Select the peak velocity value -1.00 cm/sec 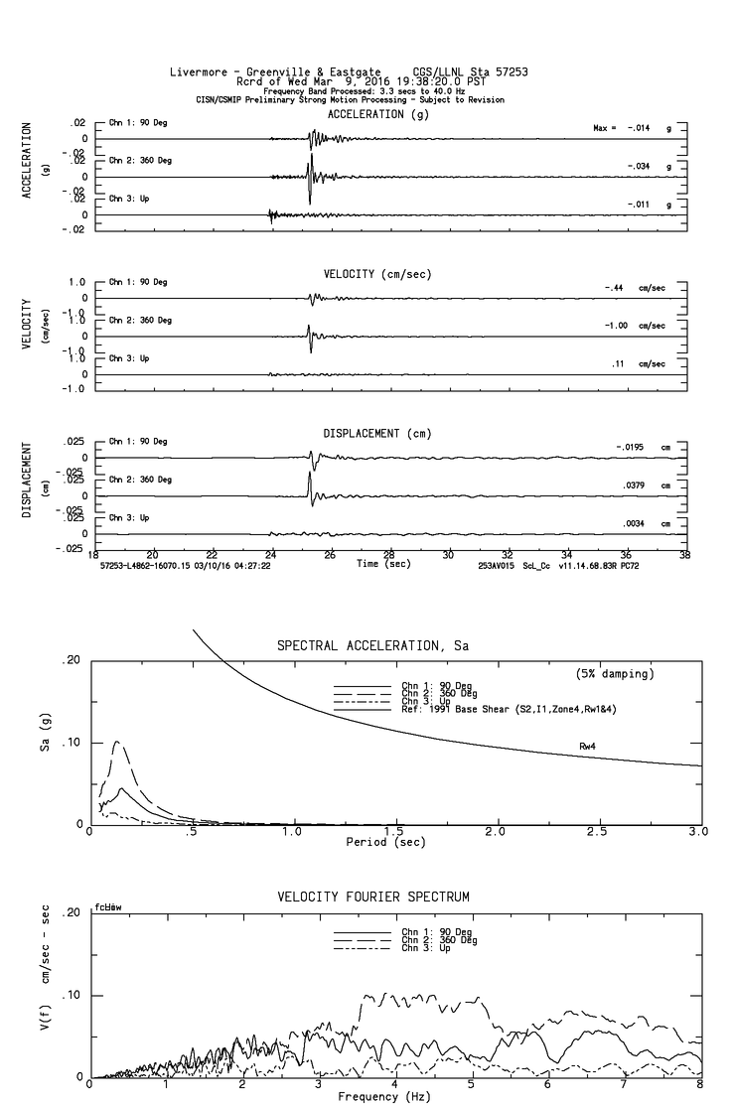point(619,326)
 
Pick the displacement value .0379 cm point(628,485)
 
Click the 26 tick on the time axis point(330,555)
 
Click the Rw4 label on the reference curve point(589,745)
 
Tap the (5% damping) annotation point(615,674)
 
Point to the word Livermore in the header point(203,71)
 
